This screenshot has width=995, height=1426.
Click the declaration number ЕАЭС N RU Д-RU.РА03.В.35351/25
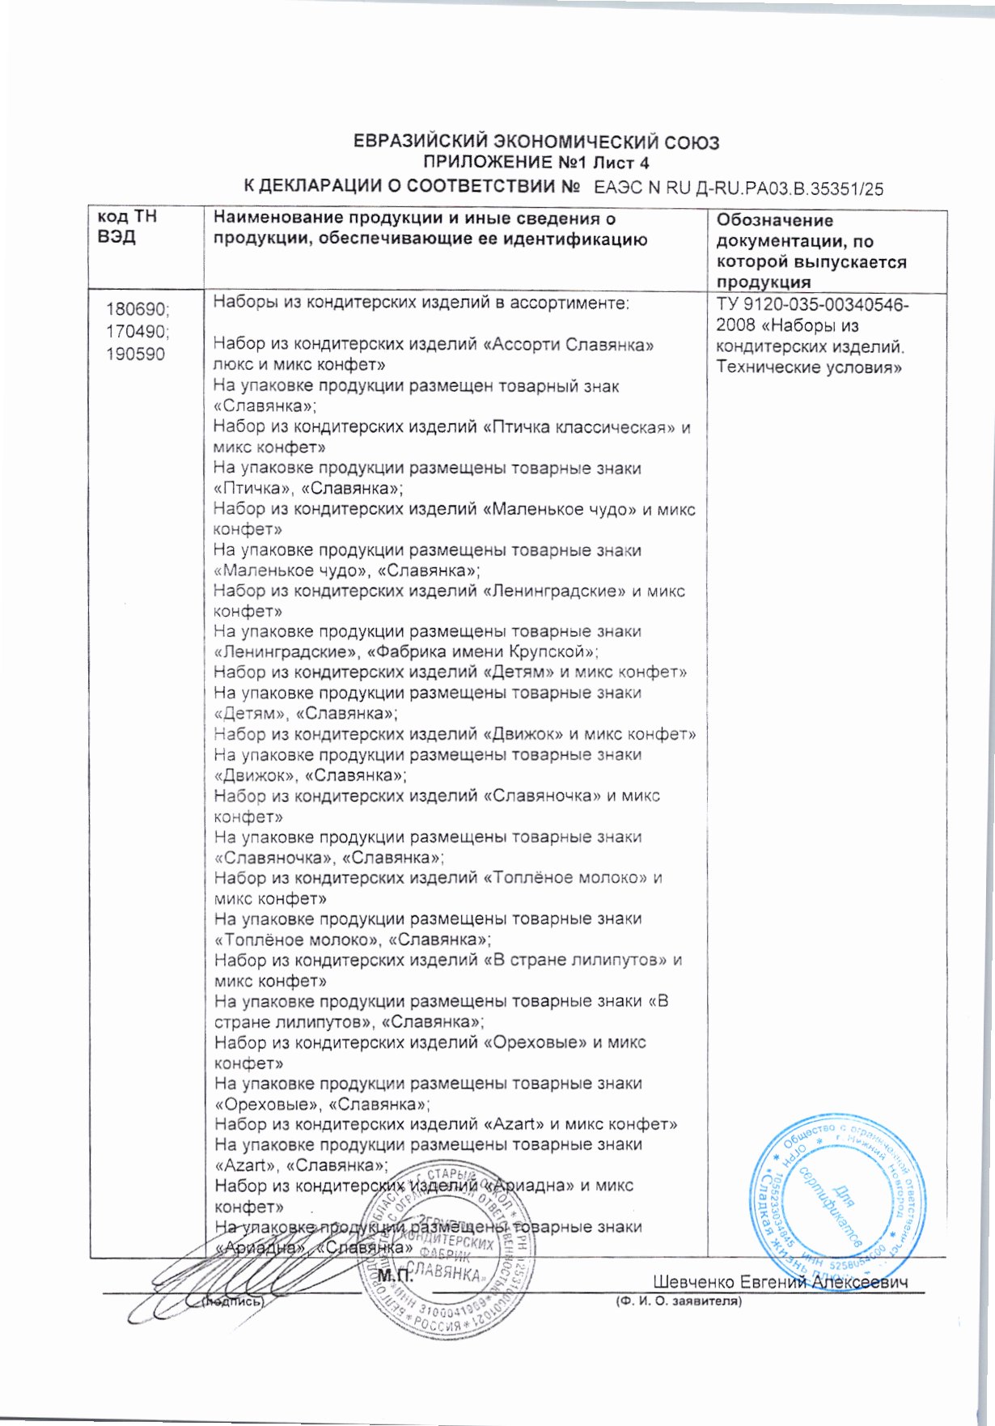coord(738,189)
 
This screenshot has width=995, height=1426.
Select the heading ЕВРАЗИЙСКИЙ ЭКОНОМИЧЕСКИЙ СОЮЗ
coord(536,143)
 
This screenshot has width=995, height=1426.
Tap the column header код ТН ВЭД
coord(127,227)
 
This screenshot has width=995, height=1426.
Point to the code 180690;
coord(138,310)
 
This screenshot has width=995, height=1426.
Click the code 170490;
coord(138,332)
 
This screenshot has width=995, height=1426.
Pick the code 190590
coord(135,354)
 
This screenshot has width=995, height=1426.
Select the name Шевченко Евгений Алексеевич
coord(780,1282)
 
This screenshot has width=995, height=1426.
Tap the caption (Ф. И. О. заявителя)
coord(678,1301)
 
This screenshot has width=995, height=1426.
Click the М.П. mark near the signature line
coord(396,1277)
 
